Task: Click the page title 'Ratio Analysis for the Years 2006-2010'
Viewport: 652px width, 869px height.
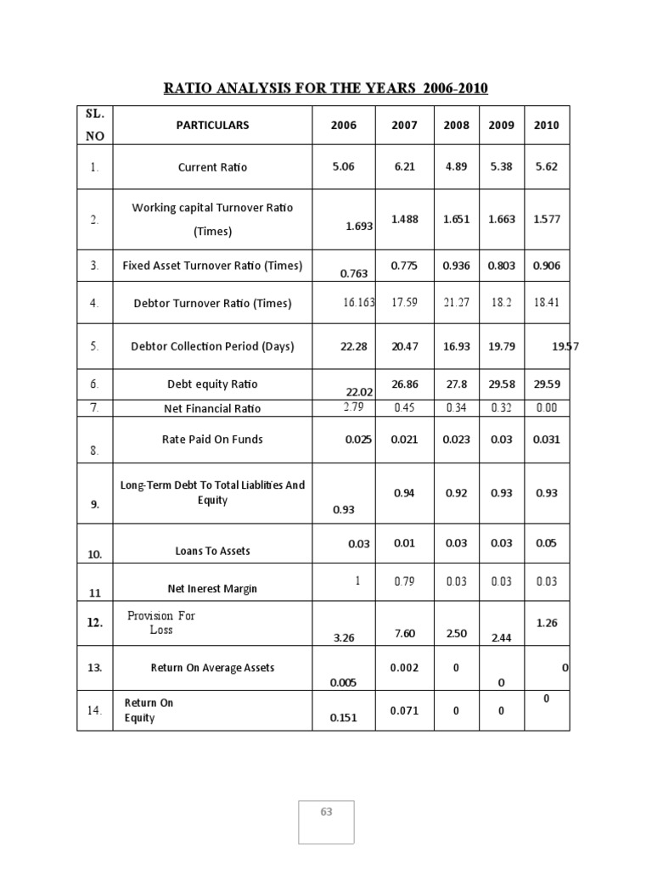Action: click(x=326, y=88)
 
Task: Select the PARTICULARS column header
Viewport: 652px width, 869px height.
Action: click(x=212, y=125)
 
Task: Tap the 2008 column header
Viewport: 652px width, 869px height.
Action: click(x=456, y=126)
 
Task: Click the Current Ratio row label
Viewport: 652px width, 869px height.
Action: click(x=212, y=167)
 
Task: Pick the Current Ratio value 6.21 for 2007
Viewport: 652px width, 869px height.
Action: click(x=404, y=167)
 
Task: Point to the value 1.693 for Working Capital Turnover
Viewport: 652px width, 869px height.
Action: click(x=360, y=227)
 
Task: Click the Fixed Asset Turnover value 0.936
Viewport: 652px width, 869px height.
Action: click(x=456, y=266)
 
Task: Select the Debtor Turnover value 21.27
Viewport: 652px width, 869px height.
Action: click(x=456, y=302)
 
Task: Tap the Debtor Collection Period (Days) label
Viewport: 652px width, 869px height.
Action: click(x=212, y=346)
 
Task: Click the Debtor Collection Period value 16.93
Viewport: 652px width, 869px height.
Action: click(x=456, y=346)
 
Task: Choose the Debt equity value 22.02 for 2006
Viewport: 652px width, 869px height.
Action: click(x=360, y=391)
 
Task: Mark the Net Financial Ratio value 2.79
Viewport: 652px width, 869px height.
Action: click(x=353, y=407)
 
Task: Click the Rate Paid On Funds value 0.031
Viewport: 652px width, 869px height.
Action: click(x=546, y=440)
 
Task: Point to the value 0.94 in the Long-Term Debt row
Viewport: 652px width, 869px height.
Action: click(x=404, y=493)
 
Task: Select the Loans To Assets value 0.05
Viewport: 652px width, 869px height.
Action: click(x=546, y=543)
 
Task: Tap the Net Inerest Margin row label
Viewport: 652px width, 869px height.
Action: click(x=212, y=588)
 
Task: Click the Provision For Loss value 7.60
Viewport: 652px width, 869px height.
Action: click(x=404, y=634)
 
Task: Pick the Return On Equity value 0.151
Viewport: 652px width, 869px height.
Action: click(x=344, y=718)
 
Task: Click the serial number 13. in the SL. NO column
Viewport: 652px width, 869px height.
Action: click(x=94, y=668)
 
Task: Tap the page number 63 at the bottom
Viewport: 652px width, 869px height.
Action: click(x=326, y=812)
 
